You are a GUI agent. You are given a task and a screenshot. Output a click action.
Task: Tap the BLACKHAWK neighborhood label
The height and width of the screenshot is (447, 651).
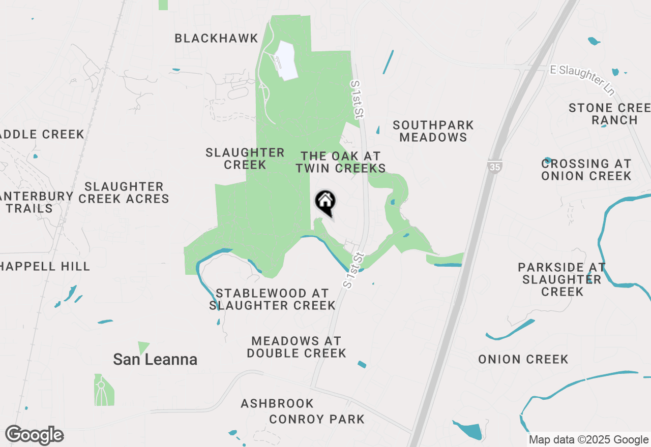click(x=216, y=39)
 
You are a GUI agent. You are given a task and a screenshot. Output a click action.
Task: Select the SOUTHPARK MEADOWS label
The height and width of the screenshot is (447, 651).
click(x=433, y=131)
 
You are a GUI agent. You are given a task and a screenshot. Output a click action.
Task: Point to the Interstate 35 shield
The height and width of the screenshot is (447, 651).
click(x=493, y=167)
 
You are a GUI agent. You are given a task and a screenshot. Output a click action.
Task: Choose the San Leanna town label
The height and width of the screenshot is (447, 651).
click(x=155, y=360)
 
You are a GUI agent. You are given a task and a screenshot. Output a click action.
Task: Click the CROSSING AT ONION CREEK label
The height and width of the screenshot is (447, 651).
click(x=586, y=170)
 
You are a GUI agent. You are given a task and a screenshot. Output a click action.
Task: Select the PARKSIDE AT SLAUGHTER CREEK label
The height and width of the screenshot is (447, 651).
click(x=561, y=279)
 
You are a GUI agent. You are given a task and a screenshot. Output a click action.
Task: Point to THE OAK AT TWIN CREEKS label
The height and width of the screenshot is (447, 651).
click(x=341, y=162)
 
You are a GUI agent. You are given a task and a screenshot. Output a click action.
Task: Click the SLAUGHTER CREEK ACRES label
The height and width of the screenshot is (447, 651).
click(x=124, y=193)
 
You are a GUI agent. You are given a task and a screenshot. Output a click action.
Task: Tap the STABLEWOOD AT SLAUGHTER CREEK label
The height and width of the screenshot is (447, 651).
click(x=272, y=299)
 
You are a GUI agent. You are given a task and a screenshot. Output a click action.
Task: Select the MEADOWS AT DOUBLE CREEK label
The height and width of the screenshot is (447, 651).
click(x=297, y=347)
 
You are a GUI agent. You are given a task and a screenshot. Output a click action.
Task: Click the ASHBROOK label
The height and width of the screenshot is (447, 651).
click(x=277, y=404)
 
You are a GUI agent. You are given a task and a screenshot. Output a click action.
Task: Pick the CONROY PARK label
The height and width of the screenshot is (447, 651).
click(x=317, y=420)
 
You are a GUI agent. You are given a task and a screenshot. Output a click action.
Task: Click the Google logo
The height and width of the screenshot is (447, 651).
click(x=34, y=435)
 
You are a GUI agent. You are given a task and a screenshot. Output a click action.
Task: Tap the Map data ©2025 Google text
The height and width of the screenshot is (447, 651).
click(x=588, y=440)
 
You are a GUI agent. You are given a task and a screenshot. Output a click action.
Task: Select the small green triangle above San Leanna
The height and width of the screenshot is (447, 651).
click(x=143, y=347)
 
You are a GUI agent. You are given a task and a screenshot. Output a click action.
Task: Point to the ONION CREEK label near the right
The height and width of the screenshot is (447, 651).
click(x=523, y=360)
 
